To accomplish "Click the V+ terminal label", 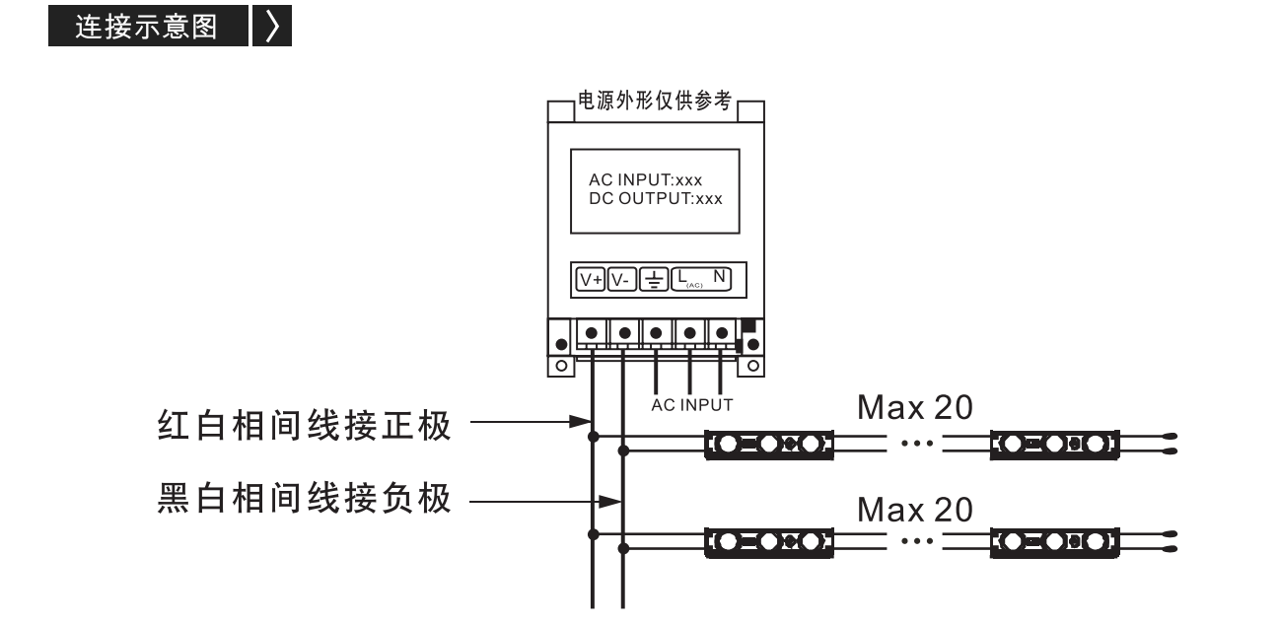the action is (x=591, y=280).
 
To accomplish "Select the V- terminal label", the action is (x=621, y=280).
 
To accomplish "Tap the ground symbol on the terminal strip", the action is (x=654, y=280).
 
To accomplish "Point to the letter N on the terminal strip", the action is (x=719, y=277).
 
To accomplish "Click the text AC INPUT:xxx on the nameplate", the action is (x=645, y=179).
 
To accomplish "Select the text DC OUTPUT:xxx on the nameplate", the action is (x=656, y=199).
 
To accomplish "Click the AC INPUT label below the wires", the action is (x=692, y=405).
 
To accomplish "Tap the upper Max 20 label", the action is (x=915, y=408).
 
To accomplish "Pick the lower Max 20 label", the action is (x=915, y=510).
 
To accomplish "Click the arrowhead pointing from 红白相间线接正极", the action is (x=581, y=422).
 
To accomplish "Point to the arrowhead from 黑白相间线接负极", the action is (x=610, y=502).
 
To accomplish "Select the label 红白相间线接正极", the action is (x=305, y=425).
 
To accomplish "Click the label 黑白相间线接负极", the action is (x=305, y=499).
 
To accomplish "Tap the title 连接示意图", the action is (x=147, y=27).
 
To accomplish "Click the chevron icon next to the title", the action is (x=273, y=26).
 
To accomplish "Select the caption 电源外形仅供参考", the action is (x=655, y=101).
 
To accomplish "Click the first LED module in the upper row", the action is (x=769, y=445).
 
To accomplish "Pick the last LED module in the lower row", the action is (x=1054, y=542).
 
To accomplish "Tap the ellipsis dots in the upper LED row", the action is (x=917, y=443).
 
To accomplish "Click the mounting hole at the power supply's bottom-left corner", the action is (x=561, y=366).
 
